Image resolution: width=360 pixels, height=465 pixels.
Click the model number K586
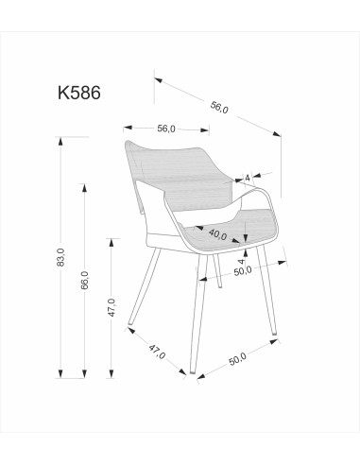[79, 93]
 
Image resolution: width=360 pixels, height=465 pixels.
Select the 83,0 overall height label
[60, 257]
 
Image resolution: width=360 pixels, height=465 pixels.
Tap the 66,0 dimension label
[84, 280]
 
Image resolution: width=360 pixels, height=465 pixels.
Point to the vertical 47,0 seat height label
[111, 307]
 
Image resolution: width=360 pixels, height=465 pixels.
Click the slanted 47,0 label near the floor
[157, 352]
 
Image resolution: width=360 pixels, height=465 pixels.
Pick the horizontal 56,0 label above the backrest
[166, 129]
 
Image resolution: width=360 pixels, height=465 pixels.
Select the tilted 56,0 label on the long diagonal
[219, 107]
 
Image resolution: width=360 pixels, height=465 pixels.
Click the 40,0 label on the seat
[217, 233]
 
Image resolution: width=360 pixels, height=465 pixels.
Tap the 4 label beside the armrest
[248, 178]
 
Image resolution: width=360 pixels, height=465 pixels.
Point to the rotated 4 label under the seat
[241, 261]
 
